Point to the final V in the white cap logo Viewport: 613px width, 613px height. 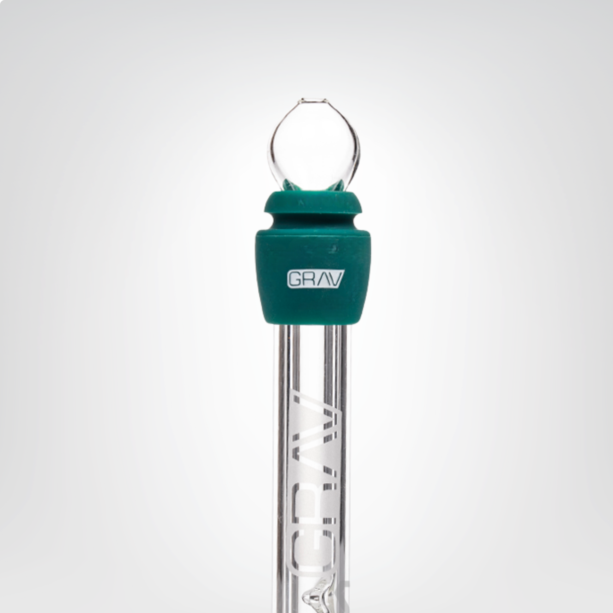pos(335,279)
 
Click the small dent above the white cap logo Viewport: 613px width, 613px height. pos(333,248)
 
